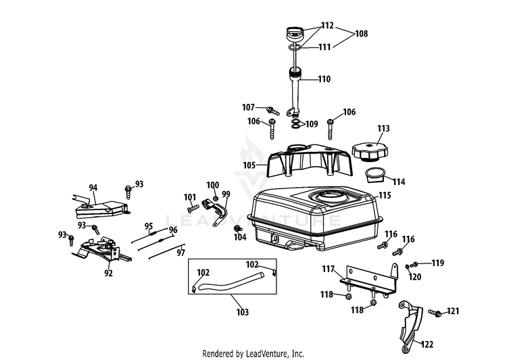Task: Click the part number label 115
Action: coord(385,195)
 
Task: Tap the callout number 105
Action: coord(249,165)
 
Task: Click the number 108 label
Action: coord(362,34)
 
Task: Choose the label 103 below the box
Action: coord(243,312)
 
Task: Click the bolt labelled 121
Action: coord(435,313)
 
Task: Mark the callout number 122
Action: coord(427,344)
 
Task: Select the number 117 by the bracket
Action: coord(328,269)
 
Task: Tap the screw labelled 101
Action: coord(193,209)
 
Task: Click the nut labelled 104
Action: coord(239,228)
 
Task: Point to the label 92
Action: coord(108,273)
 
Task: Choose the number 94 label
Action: coord(93,188)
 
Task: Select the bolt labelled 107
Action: coord(273,111)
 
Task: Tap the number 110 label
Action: coord(324,79)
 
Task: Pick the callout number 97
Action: coord(180,253)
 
